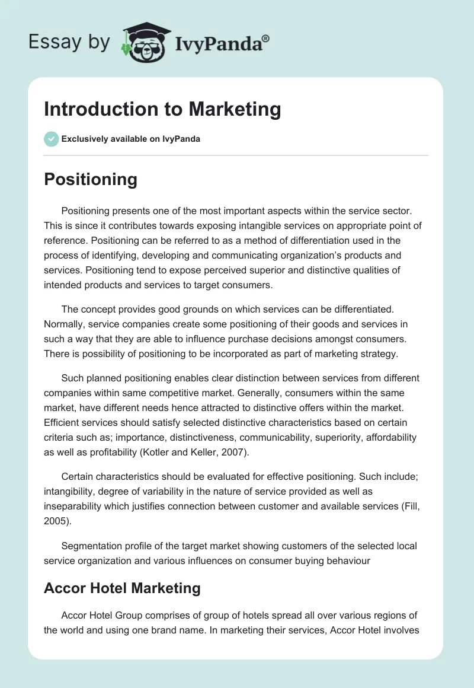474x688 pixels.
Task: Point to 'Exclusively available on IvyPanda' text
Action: coord(130,139)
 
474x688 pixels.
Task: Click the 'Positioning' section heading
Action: coord(91,179)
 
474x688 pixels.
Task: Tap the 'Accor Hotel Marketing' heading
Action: coord(122,588)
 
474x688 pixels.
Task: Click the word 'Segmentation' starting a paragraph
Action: coord(89,546)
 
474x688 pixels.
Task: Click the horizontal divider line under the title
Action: coord(236,155)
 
